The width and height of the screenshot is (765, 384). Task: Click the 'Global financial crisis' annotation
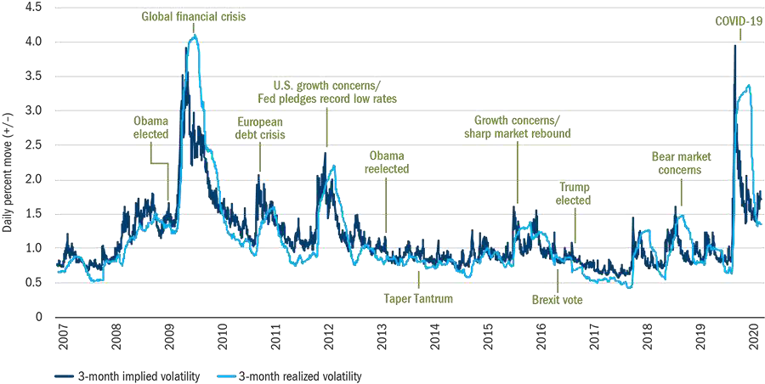tap(193, 16)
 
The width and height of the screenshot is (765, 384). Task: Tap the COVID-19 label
tap(737, 17)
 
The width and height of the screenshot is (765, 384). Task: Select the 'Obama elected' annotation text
tap(150, 127)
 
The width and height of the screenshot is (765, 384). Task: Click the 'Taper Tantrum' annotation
tap(417, 299)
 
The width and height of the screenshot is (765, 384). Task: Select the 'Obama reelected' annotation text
tap(387, 161)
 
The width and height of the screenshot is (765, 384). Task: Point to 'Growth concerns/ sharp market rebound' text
tap(517, 127)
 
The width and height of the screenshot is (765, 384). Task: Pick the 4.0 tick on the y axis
tap(35, 41)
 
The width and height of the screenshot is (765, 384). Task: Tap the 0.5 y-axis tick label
tap(35, 283)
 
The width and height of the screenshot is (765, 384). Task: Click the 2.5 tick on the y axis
tap(35, 144)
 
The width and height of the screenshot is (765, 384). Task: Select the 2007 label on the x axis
tap(61, 332)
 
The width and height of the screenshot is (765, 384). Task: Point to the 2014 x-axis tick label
tap(434, 332)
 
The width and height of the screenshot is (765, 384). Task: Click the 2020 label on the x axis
tap(754, 332)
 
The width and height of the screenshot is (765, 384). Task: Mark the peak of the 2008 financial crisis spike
tap(195, 35)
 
